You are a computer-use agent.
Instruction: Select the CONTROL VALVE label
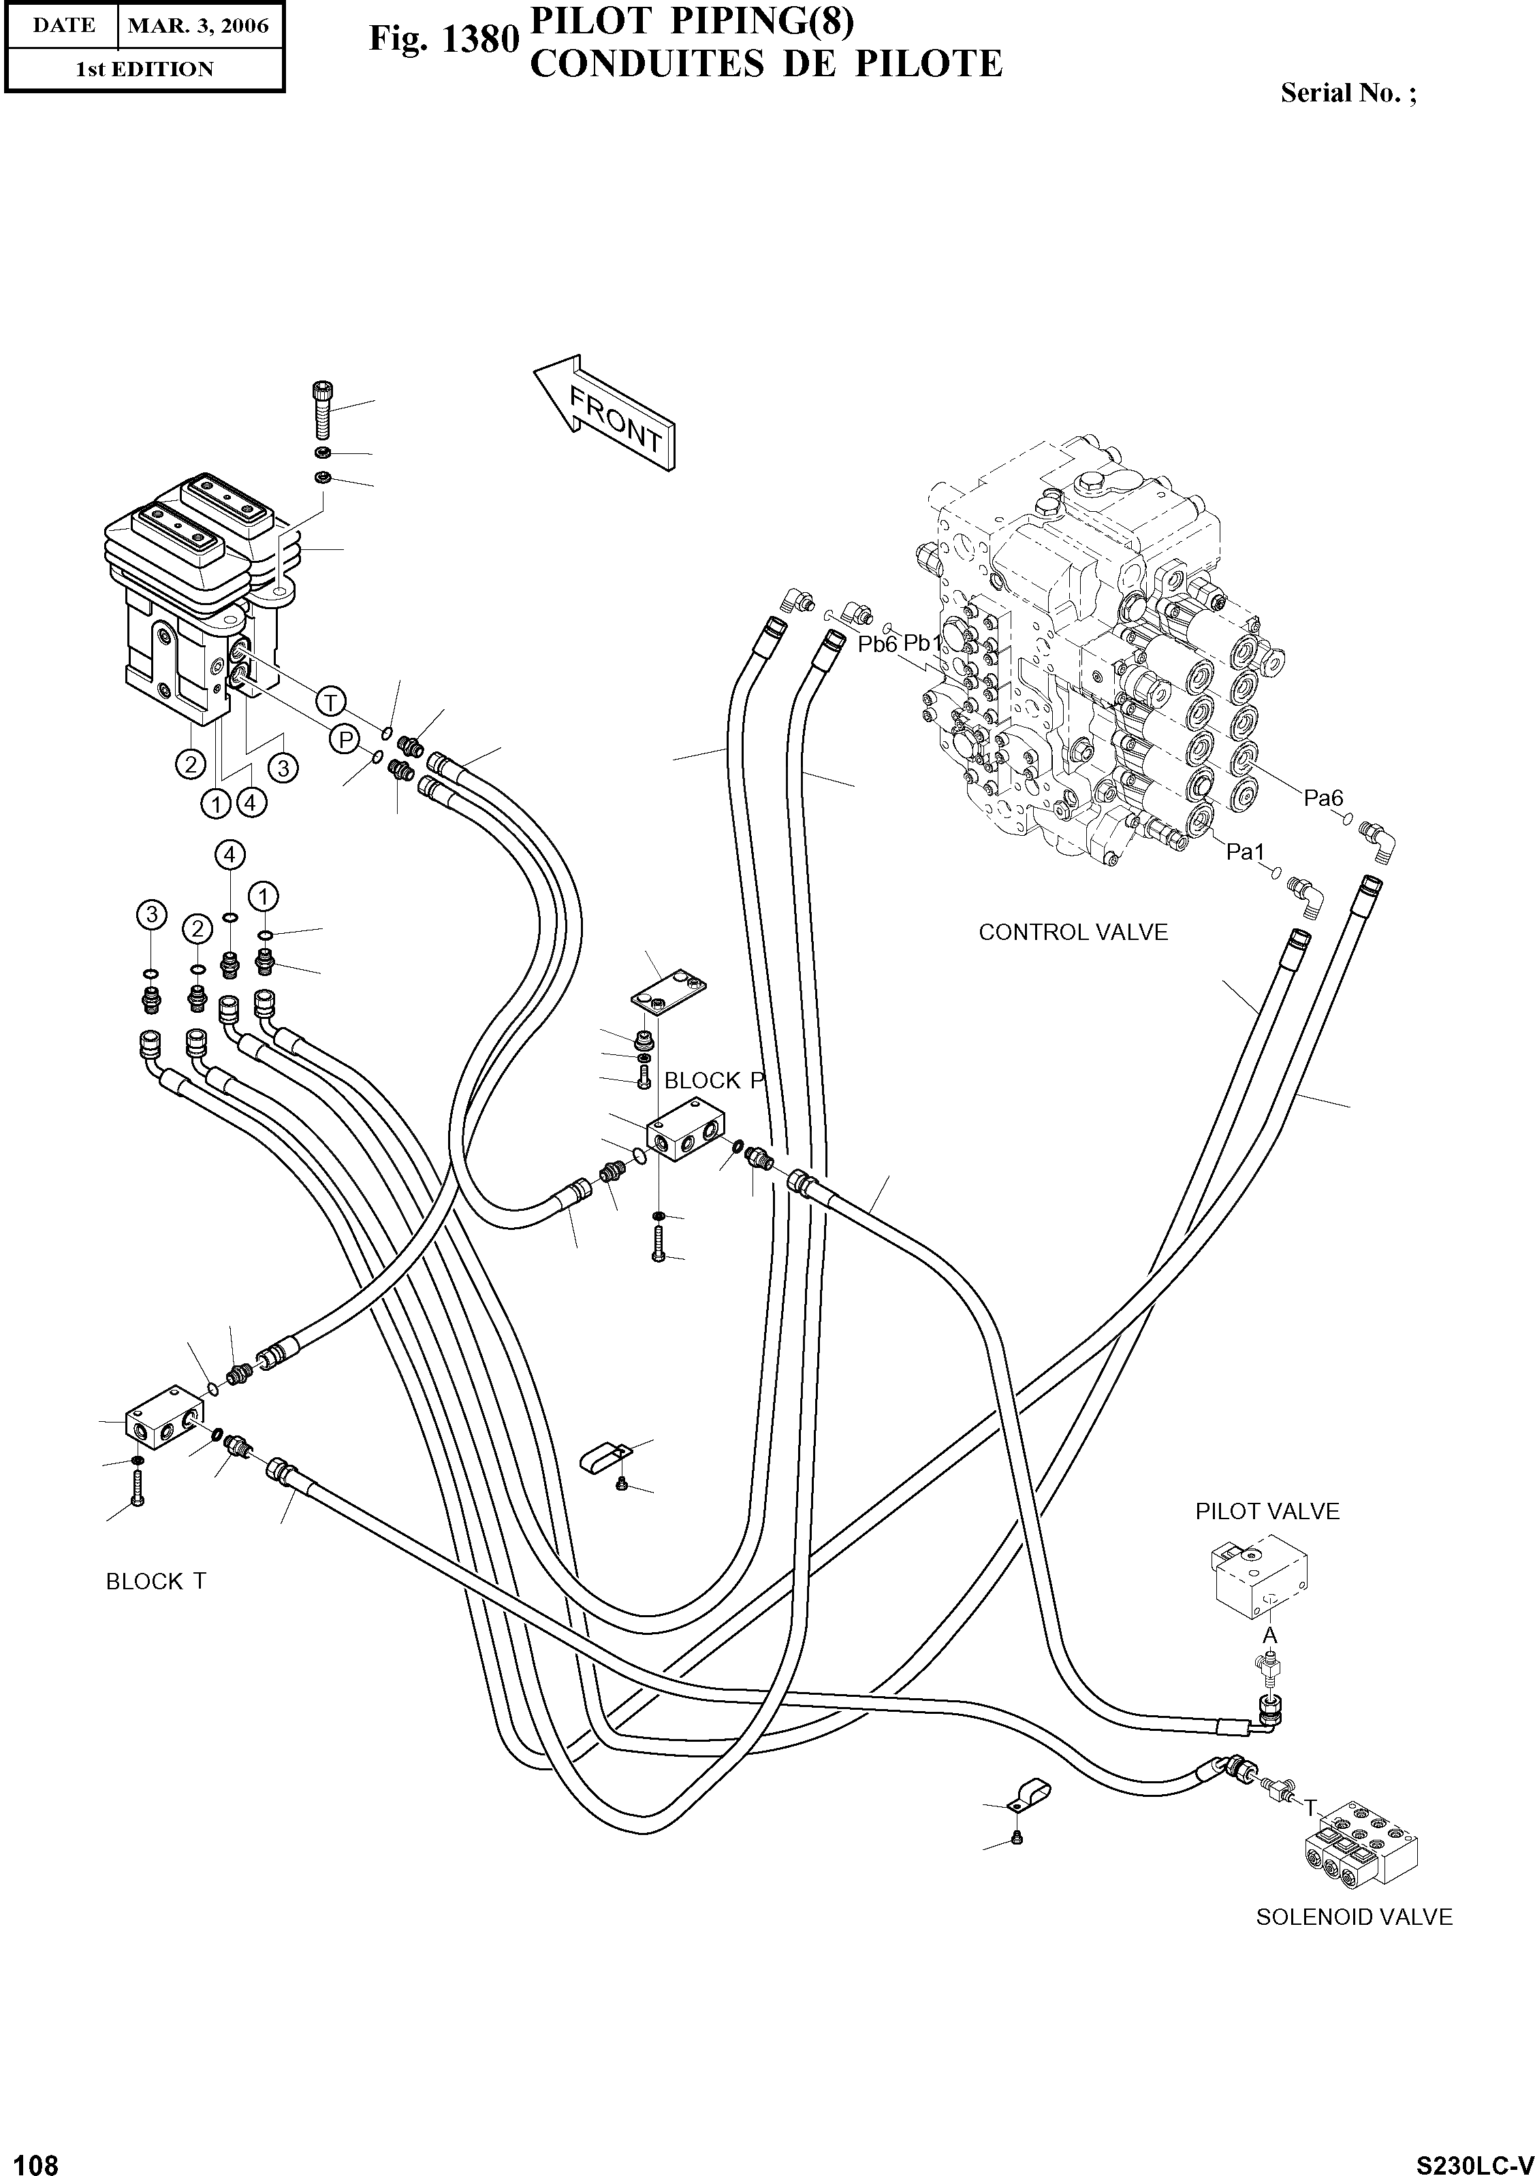click(x=1073, y=932)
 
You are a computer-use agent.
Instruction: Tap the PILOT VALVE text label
click(x=1267, y=1512)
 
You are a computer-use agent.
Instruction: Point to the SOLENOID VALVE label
click(x=1353, y=1917)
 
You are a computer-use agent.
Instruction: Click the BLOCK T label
click(x=155, y=1581)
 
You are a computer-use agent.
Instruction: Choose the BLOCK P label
click(x=714, y=1080)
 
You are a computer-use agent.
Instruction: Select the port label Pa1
click(x=1246, y=852)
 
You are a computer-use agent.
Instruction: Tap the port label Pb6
click(x=877, y=645)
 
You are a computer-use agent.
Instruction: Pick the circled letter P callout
click(x=343, y=738)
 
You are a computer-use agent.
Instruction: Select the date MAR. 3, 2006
click(x=198, y=26)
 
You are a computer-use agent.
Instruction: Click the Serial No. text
click(x=1347, y=93)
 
